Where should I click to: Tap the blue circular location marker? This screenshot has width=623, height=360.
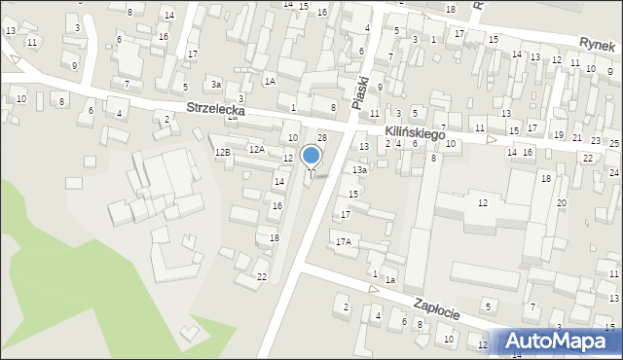[x=311, y=156]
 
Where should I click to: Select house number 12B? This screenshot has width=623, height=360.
[x=223, y=153]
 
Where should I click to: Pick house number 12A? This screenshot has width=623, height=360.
[x=256, y=150]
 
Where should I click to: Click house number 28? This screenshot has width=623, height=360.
[x=322, y=138]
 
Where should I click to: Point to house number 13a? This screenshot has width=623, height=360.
[x=359, y=170]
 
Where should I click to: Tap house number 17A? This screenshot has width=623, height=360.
[x=343, y=241]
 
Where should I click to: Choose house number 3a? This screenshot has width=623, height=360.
[x=215, y=86]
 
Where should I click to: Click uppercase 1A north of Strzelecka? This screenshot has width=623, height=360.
[x=270, y=82]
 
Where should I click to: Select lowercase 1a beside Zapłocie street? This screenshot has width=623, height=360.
[x=389, y=280]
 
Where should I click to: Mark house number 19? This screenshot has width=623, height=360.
[x=558, y=136]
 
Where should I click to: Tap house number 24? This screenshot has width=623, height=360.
[x=613, y=172]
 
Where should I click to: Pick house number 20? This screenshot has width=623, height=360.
[x=562, y=202]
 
